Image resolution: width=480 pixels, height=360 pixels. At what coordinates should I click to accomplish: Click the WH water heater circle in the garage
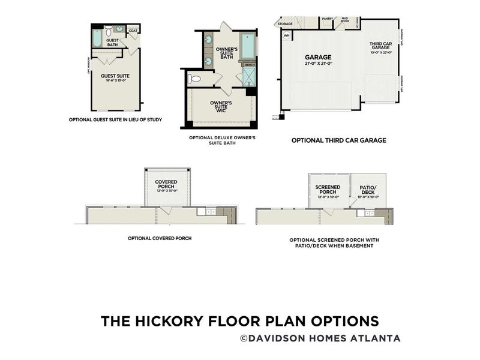tap(286, 35)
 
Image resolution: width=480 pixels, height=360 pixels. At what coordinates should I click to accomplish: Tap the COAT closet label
tap(133, 31)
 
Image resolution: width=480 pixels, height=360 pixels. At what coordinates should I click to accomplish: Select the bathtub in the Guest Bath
tap(98, 39)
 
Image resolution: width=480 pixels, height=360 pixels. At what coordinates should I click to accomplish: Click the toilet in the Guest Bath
tap(109, 29)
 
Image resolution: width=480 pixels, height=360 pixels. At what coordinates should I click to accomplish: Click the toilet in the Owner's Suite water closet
tap(194, 79)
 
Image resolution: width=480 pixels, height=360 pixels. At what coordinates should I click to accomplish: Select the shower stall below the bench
tap(248, 76)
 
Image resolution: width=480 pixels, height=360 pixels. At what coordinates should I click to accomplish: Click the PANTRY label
tap(328, 19)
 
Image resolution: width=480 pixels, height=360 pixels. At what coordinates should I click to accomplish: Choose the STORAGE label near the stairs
tap(285, 24)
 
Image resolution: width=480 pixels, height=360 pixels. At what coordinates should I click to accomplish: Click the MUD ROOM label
tap(345, 20)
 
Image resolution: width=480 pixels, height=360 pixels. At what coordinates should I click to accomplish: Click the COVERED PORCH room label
tap(166, 184)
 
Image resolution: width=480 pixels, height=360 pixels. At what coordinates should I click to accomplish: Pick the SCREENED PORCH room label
tap(328, 188)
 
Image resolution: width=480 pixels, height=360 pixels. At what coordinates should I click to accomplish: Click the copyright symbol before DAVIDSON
tap(244, 338)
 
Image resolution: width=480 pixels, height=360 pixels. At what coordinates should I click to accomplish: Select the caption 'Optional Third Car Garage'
tap(338, 140)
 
